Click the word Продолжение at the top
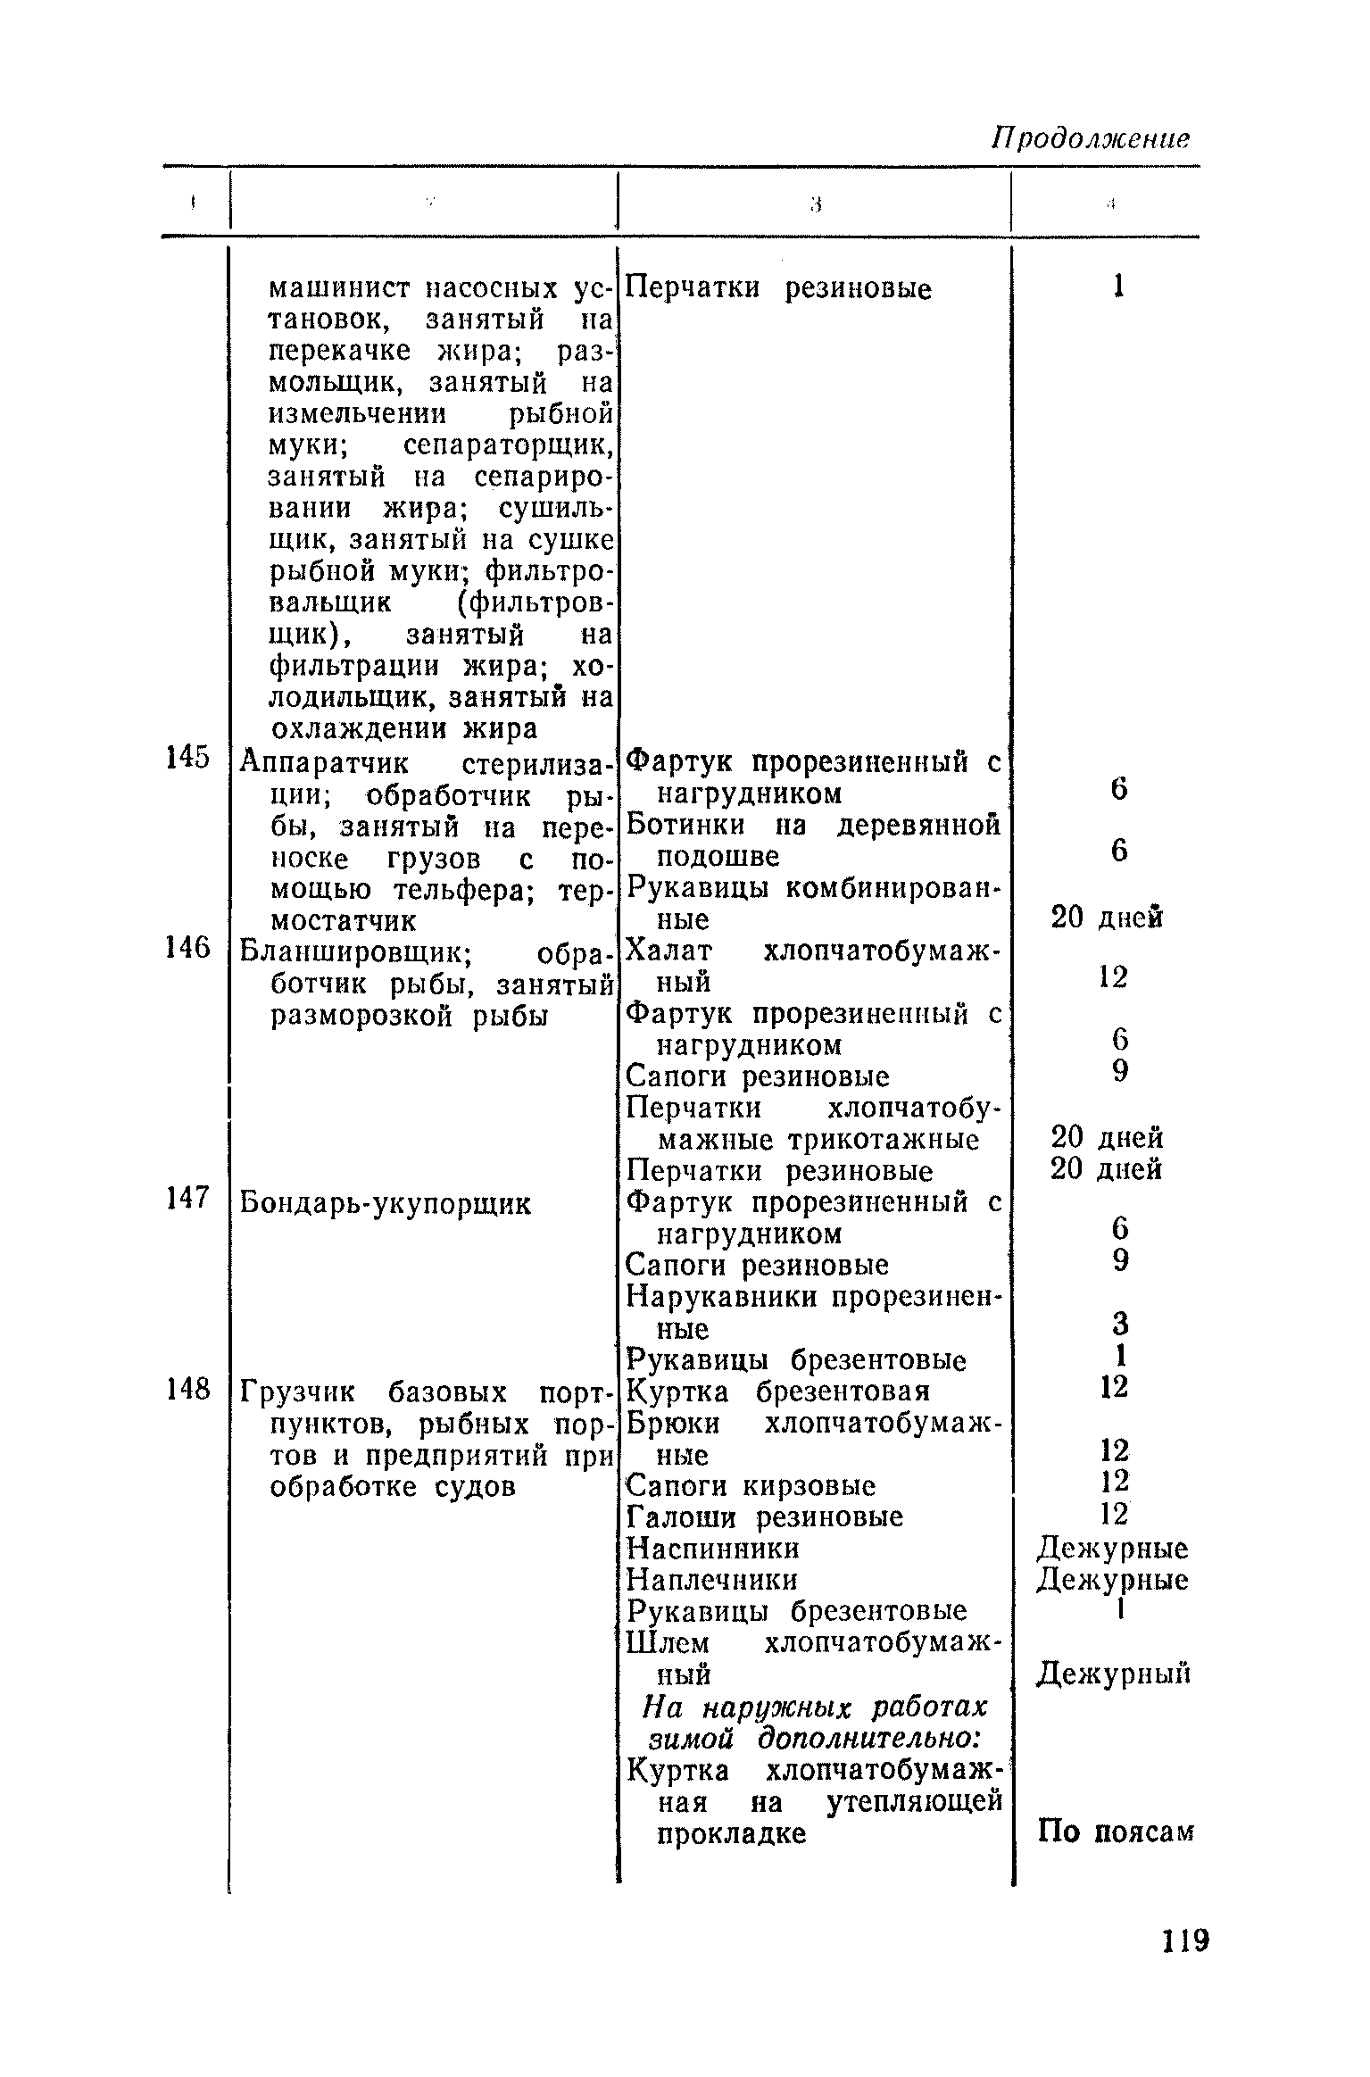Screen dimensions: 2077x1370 1092,138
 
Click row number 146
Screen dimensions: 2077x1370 187,948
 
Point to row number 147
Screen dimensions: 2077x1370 187,1199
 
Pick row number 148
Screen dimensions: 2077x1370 187,1388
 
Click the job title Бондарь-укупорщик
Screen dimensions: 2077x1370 386,1204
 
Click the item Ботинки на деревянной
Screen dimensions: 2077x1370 812,825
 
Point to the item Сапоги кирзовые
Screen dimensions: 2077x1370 751,1486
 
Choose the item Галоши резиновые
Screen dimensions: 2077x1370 765,1517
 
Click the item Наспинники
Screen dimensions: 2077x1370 713,1549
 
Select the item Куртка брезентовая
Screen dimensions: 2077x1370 778,1392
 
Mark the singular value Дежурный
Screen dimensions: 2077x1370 1114,1674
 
